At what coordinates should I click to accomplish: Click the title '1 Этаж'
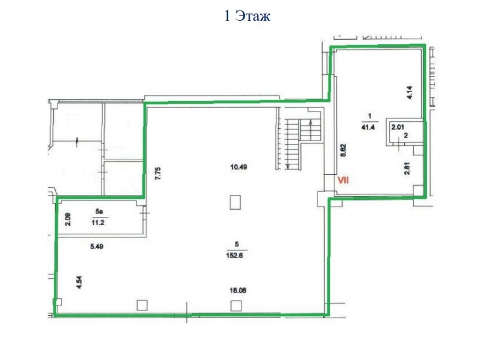[247, 16]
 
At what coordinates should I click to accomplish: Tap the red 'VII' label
[343, 180]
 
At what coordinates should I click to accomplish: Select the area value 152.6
[235, 255]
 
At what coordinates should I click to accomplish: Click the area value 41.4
[368, 127]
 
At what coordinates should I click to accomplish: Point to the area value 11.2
[98, 223]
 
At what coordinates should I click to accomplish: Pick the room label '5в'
[98, 212]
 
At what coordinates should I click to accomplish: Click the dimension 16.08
[238, 290]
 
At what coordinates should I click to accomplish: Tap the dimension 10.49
[239, 167]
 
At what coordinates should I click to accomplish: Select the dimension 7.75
[158, 173]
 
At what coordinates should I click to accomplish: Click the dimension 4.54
[80, 282]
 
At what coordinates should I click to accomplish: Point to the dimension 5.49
[97, 246]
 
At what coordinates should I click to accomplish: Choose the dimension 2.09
[68, 219]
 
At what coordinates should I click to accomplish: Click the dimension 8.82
[344, 151]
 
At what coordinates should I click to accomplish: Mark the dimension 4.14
[410, 93]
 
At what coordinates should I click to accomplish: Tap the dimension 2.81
[407, 168]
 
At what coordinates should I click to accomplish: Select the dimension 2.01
[397, 127]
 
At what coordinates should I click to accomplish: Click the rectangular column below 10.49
[235, 203]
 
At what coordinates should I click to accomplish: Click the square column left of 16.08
[142, 305]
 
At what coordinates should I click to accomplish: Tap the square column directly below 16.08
[236, 305]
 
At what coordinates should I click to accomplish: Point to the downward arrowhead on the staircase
[288, 167]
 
